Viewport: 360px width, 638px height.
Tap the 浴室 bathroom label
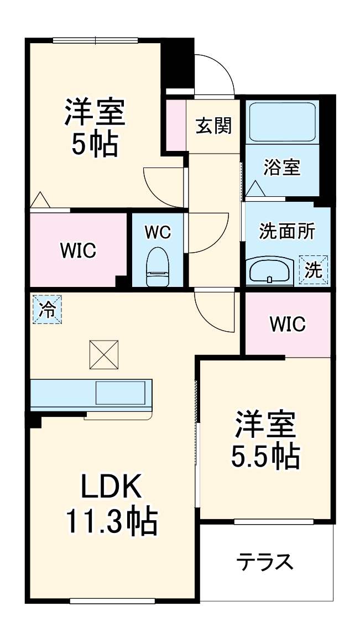(x=281, y=167)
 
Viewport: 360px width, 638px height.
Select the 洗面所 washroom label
(x=287, y=232)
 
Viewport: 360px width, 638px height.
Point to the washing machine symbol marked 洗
(x=314, y=269)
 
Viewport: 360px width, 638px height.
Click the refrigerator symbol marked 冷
(x=47, y=310)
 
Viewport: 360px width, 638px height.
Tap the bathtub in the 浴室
(x=283, y=123)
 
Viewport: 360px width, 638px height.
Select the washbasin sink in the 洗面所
(x=269, y=269)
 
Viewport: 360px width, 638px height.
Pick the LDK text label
(x=112, y=487)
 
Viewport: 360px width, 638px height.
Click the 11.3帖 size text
(x=112, y=521)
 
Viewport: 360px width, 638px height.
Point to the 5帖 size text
(x=95, y=144)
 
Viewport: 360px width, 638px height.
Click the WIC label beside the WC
(x=78, y=250)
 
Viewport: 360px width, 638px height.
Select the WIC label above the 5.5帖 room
(x=287, y=325)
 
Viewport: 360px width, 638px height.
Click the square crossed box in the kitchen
(x=104, y=354)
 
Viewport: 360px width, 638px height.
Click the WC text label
(x=158, y=232)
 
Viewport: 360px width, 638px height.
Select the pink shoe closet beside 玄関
(x=176, y=124)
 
